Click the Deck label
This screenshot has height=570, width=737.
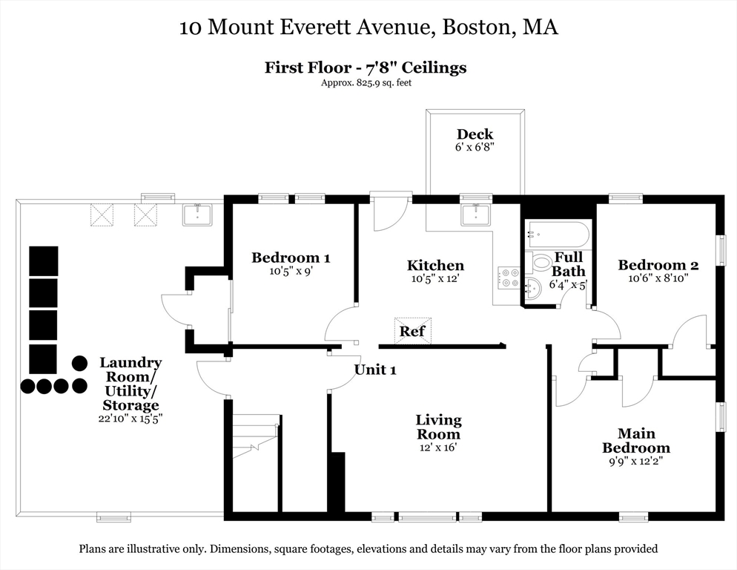coord(475,134)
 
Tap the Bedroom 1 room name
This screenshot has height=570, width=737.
coord(291,258)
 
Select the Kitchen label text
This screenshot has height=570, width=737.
coord(435,266)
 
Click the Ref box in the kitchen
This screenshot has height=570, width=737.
coord(412,330)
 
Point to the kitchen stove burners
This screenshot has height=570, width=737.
coord(509,278)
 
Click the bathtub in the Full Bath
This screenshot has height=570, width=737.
coord(558,235)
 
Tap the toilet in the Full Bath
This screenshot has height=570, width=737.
coord(540,262)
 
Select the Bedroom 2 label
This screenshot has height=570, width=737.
coord(658,265)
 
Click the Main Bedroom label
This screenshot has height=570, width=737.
coord(635,440)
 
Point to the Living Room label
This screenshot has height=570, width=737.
coord(437,427)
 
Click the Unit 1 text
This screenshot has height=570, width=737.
coord(374,370)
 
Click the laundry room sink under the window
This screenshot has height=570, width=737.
coord(197,214)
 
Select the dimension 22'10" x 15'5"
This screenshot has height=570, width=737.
coord(130,418)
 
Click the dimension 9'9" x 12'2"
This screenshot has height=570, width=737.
coord(635,460)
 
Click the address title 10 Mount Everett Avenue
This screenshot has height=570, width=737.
coord(368,28)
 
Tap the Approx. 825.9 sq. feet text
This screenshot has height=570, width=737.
coord(366,82)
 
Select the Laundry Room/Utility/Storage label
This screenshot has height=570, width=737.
coord(130,384)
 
